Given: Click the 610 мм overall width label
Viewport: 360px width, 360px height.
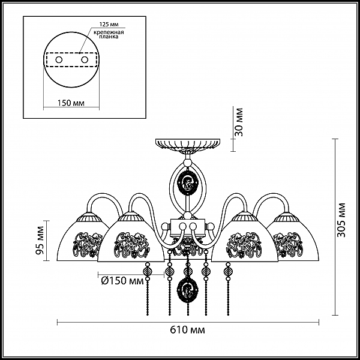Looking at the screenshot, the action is coord(187,330).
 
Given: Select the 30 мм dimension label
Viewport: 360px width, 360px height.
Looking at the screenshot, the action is coord(239,122).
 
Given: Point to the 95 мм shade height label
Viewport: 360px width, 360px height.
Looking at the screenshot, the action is coord(40,241).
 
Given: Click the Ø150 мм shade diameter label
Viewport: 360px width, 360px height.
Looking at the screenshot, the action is coord(122,281).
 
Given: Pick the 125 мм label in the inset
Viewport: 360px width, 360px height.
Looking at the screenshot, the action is coord(109,25).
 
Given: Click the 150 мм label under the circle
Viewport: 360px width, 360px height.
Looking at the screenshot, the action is coord(71,103).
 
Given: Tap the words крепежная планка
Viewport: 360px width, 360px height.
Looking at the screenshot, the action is coord(109,34).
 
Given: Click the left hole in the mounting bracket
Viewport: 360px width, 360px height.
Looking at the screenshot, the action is coord(59,60).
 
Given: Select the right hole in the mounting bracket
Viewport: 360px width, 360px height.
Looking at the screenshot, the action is coord(85,60).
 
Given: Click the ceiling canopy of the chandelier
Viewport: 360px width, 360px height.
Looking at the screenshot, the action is coord(188,145).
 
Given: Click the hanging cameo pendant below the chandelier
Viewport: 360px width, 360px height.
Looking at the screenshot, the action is coord(188,288).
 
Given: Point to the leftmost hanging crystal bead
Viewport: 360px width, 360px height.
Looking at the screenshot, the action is coord(147,272).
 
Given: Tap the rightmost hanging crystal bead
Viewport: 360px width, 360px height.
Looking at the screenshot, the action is coord(228,272).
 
